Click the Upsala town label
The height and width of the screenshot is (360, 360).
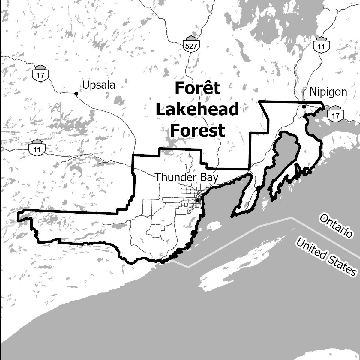click(x=99, y=85)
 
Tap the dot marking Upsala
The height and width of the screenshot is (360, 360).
click(x=76, y=94)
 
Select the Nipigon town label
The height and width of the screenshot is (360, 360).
click(x=328, y=92)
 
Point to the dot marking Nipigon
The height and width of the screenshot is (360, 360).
click(x=304, y=106)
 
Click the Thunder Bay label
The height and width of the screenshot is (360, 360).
click(x=186, y=177)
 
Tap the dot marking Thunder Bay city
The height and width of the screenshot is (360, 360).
click(x=197, y=200)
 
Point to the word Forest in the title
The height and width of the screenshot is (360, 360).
click(x=198, y=130)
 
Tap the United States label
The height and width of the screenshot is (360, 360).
click(x=326, y=255)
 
